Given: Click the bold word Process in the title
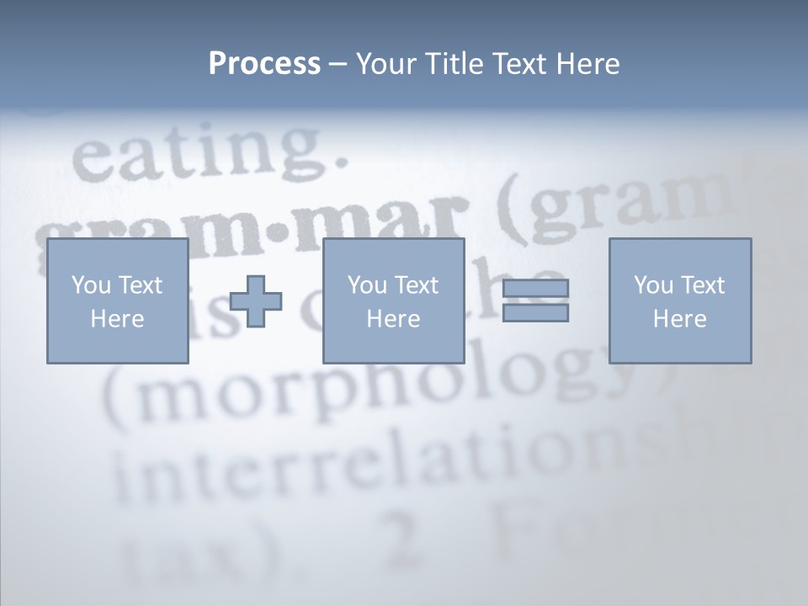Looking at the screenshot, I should tap(264, 64).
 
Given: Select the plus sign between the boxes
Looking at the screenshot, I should tap(256, 300).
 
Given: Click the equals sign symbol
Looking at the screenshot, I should tap(535, 300).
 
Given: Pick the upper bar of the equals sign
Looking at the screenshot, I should tap(535, 289).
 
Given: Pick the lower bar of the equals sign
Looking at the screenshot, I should tap(535, 312).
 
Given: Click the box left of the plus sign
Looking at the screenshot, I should tap(117, 300).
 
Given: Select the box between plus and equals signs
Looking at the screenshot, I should tap(393, 300).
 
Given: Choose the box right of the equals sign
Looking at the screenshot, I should tap(679, 300).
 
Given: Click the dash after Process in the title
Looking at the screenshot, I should tap(338, 64).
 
